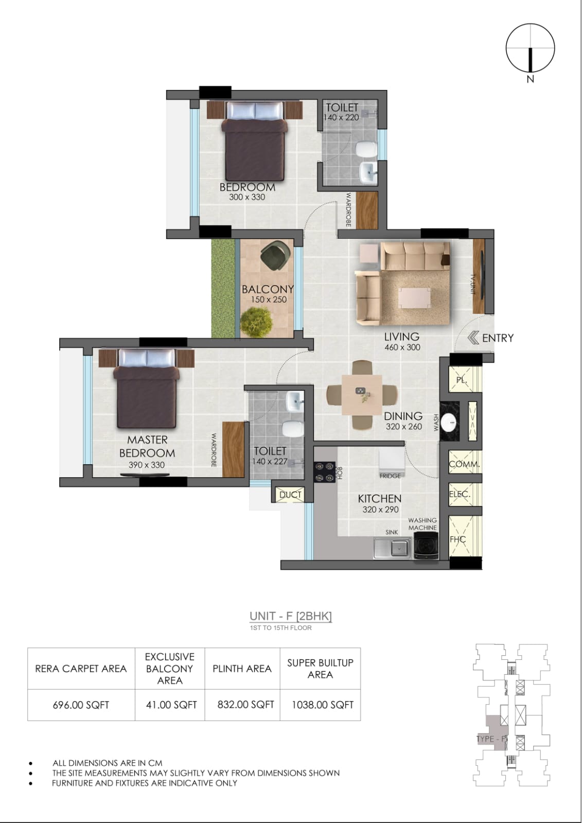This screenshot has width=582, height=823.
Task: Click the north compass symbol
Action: click(x=530, y=48)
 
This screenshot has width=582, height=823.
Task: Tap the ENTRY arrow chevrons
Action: click(x=473, y=338)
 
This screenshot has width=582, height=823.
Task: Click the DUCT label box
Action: click(x=290, y=495)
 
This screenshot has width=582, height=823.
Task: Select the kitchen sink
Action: click(x=392, y=548)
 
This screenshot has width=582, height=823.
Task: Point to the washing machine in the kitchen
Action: click(x=426, y=548)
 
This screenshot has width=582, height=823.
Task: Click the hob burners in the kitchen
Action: click(x=324, y=472)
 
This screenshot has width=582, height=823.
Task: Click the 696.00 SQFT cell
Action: click(x=81, y=705)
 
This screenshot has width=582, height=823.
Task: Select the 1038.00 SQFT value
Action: click(x=322, y=705)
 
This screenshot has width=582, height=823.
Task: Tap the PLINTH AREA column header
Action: click(x=242, y=669)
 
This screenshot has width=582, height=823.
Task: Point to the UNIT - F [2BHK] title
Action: click(x=291, y=616)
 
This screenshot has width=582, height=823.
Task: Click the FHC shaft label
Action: click(x=457, y=539)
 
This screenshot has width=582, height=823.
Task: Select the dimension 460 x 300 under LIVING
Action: click(x=402, y=347)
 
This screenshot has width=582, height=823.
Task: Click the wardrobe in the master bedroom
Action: click(x=233, y=449)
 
